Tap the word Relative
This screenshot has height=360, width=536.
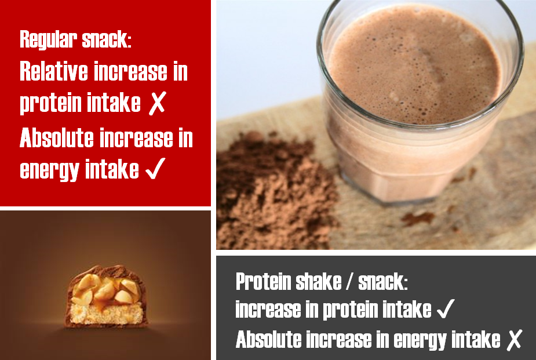click(54, 72)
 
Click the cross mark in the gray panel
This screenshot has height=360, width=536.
click(513, 340)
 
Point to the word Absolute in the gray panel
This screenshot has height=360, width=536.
click(271, 339)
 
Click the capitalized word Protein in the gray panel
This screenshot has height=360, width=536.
click(262, 282)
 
